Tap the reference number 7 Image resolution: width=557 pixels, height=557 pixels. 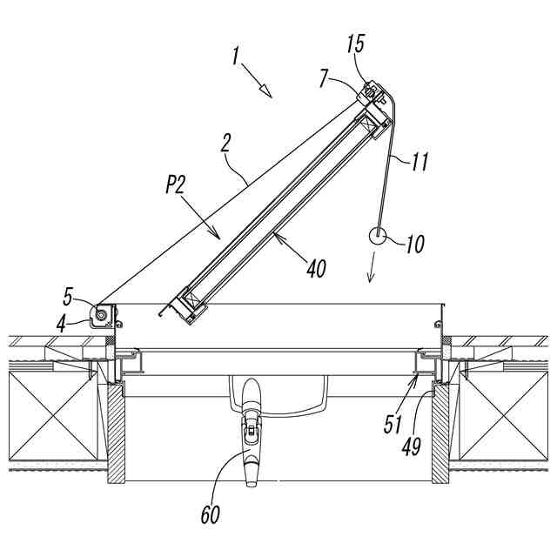click(324, 79)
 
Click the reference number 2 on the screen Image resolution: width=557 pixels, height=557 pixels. click(225, 143)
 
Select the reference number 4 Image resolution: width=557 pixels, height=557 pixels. click(62, 323)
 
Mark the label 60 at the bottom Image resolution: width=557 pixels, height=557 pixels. click(210, 515)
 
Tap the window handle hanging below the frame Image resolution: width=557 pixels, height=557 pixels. click(251, 435)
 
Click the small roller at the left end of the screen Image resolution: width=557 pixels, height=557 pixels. click(104, 313)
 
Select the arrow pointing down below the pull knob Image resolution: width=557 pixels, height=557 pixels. click(372, 267)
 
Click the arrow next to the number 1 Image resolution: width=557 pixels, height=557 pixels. click(261, 86)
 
